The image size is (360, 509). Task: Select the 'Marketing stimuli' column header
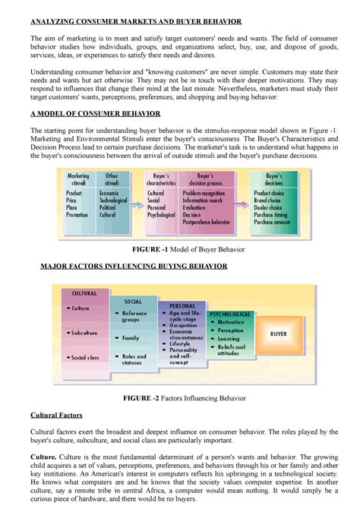[x=78, y=179]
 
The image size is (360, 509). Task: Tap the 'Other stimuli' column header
[x=112, y=179]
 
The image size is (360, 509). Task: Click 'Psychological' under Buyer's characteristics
[x=161, y=215]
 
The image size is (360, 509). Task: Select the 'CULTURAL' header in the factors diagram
[x=84, y=292]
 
